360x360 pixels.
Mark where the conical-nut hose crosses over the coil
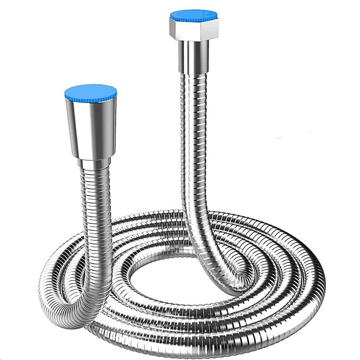pyautogui.click(x=100, y=273)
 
